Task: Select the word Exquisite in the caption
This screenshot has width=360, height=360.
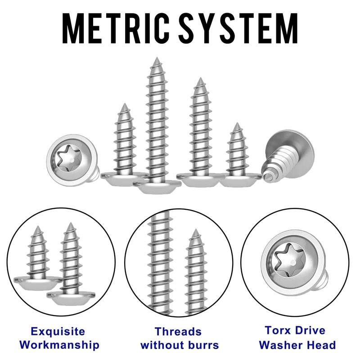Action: coord(58,332)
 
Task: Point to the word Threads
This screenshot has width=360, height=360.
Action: coord(178,332)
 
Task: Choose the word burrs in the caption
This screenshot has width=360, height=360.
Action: coord(202,346)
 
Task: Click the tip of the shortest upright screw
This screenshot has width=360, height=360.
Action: coord(235,124)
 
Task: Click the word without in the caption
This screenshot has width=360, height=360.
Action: coord(163,346)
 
